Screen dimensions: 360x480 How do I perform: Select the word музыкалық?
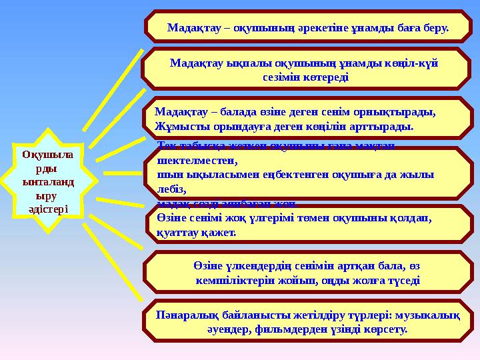[x=429, y=315]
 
